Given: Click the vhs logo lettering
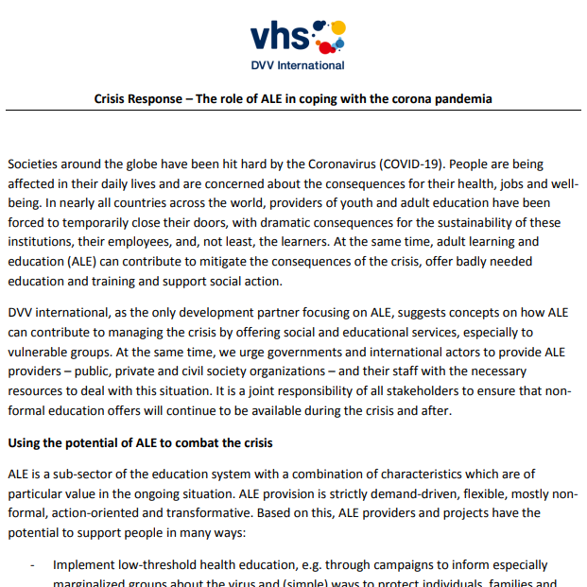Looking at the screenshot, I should [280, 36].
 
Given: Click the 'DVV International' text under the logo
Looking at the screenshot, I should [297, 65].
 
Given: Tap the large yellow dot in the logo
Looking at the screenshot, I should [337, 28].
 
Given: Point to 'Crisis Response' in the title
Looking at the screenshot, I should [139, 98].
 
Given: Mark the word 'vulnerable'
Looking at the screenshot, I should [42, 351].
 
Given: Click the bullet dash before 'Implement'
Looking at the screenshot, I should [34, 564].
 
